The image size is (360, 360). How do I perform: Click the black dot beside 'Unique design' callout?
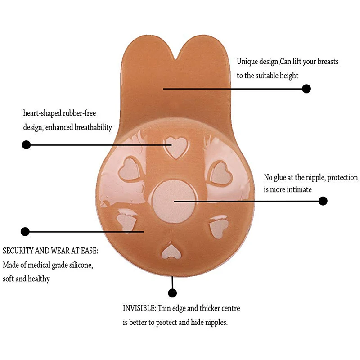coord(306,89)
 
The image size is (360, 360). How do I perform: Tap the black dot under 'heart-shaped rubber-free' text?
coord(26,145)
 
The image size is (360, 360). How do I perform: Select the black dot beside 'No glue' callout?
coord(323,201)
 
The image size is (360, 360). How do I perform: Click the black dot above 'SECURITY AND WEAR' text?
coord(25,232)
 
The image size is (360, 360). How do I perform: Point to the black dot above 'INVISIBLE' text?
coord(172,293)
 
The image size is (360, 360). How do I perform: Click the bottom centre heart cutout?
coord(171,250)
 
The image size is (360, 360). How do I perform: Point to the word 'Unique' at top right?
coord(247,62)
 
